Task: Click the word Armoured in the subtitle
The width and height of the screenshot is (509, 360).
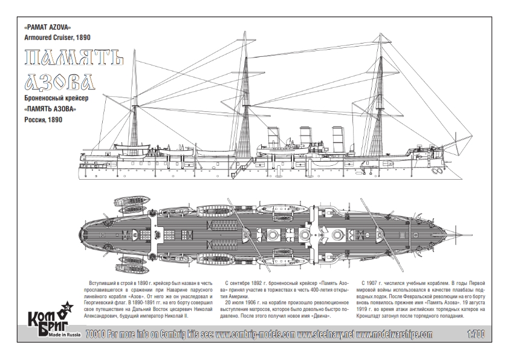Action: [38, 38]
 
